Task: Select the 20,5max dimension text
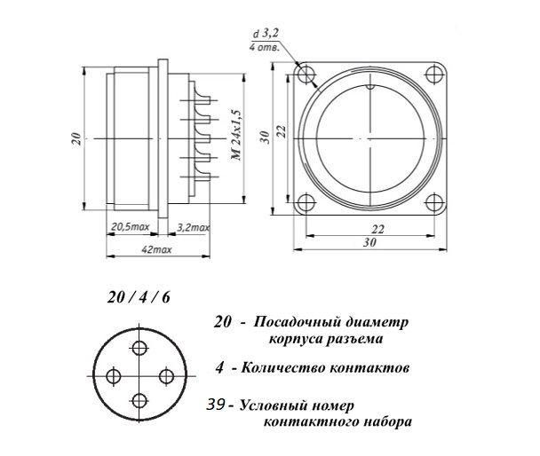point(130,227)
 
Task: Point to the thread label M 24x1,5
point(236,139)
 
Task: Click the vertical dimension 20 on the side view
point(76,138)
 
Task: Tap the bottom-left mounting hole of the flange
point(306,201)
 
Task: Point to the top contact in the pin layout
point(139,348)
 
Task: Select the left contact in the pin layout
point(112,376)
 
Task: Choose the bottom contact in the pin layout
point(139,400)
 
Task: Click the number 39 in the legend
point(216,405)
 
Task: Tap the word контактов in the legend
point(366,366)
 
